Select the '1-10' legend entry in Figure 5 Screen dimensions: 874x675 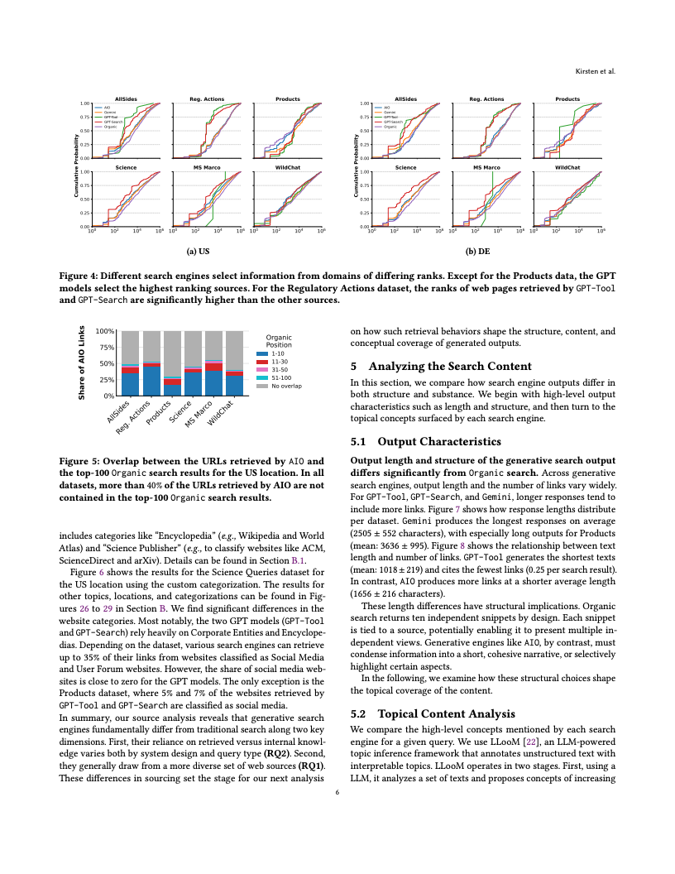point(278,354)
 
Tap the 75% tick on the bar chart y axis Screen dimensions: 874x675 point(106,348)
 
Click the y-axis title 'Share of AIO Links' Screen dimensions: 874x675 point(82,363)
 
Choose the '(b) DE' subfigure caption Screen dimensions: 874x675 point(478,247)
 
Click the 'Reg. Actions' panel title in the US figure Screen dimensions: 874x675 point(208,99)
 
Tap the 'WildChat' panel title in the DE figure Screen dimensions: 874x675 point(567,167)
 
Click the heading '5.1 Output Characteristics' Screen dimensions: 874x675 point(426,442)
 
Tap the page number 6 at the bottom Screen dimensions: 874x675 point(337,792)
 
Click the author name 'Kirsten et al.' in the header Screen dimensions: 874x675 point(596,71)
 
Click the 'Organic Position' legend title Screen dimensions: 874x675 point(279,341)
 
